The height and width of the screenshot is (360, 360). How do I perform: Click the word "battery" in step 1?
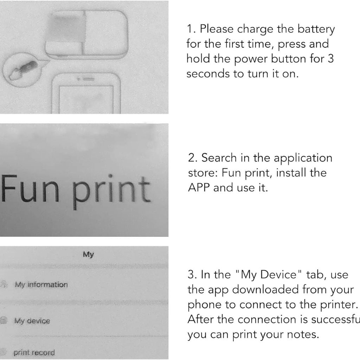(x=316, y=29)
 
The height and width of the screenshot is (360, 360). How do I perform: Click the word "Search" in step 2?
(x=219, y=158)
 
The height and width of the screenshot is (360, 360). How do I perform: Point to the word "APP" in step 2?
(x=199, y=187)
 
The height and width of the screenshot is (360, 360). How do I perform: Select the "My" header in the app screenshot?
(x=88, y=254)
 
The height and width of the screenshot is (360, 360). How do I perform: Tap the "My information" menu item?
(x=41, y=284)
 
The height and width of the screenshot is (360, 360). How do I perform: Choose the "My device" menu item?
(x=32, y=321)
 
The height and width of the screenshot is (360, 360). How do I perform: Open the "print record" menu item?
(x=34, y=352)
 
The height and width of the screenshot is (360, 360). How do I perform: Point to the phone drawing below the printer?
(x=86, y=93)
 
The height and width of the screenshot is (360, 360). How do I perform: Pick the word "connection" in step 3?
(x=267, y=320)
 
